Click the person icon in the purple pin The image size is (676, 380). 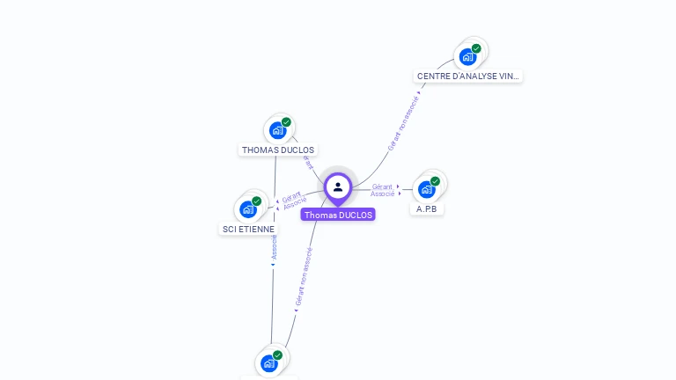(x=338, y=186)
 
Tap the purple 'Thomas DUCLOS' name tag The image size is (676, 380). (x=338, y=215)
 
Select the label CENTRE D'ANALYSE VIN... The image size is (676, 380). (x=468, y=77)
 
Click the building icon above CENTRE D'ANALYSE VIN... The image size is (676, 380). (x=467, y=57)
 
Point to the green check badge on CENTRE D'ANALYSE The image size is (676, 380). (x=476, y=49)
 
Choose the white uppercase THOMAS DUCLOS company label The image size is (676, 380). (x=278, y=150)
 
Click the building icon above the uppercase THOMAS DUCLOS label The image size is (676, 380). (x=278, y=130)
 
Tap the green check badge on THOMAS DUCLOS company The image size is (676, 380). (x=286, y=122)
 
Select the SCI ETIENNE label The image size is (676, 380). (x=248, y=229)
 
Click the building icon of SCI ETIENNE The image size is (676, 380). (x=248, y=209)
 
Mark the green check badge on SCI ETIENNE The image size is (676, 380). (x=256, y=201)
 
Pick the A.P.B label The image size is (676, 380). (x=427, y=209)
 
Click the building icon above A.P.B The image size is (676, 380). (x=427, y=189)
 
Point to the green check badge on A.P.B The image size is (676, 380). (x=435, y=181)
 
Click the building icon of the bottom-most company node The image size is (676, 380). (x=269, y=363)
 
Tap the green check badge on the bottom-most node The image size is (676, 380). (x=277, y=355)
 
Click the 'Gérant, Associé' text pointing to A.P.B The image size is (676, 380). (x=383, y=190)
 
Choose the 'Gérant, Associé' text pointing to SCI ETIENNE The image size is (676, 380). (x=294, y=201)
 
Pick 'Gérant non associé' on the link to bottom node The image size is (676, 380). (x=304, y=276)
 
